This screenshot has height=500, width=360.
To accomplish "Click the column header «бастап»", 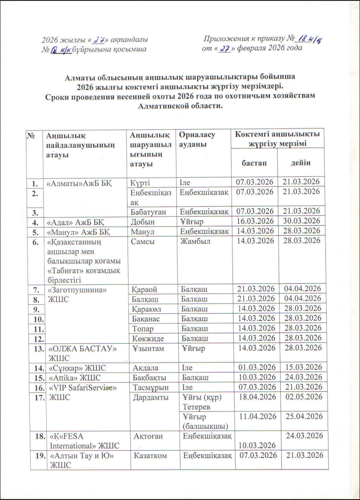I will click(x=254, y=162).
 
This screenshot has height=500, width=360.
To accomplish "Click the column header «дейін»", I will click(x=300, y=162).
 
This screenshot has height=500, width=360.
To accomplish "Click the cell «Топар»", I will click(x=142, y=328).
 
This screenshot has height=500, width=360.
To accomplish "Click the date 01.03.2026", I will click(x=254, y=367).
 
